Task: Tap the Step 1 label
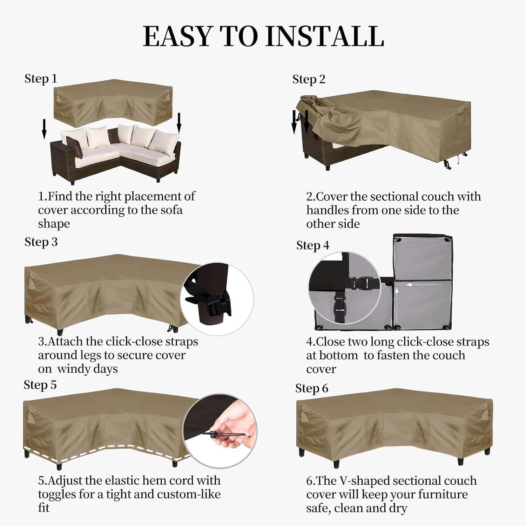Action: [41, 79]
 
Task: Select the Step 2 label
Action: [309, 80]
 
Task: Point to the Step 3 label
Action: [41, 242]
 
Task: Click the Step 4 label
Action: [313, 246]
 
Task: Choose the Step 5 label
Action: [40, 385]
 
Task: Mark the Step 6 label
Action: [312, 389]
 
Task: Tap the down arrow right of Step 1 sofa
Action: [179, 123]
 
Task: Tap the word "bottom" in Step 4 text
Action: [338, 356]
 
